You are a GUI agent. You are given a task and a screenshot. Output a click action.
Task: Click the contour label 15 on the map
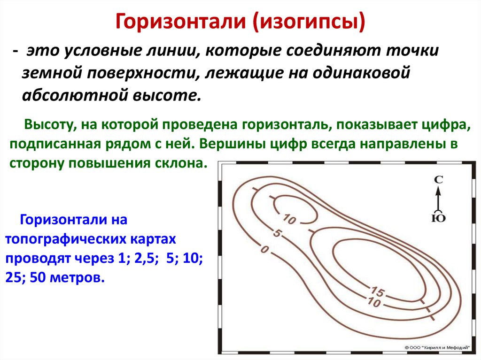[x=378, y=292]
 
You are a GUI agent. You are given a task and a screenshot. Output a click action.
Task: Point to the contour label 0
[x=264, y=250]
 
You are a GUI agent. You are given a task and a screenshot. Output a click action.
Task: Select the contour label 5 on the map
[x=277, y=233]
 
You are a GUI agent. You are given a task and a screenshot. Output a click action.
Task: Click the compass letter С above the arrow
[x=438, y=179]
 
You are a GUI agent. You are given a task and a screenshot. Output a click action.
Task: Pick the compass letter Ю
[x=438, y=217]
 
